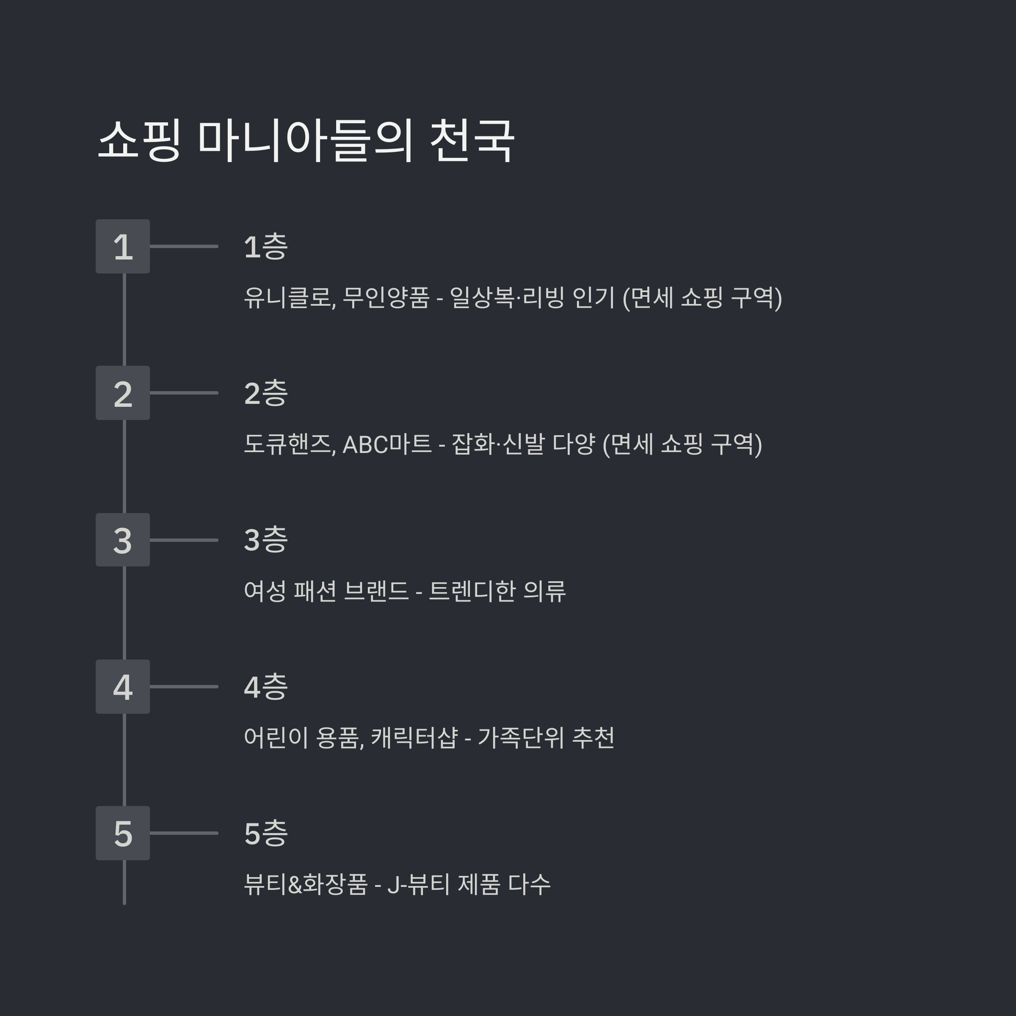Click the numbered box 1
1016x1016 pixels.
tap(122, 246)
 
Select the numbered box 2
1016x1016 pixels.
tap(122, 393)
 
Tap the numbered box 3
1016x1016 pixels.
tap(122, 540)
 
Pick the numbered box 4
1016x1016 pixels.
tap(122, 687)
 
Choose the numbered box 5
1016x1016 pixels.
tap(122, 834)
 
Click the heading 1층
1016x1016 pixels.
tap(265, 247)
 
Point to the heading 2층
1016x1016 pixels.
tap(265, 393)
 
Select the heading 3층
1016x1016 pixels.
tap(265, 540)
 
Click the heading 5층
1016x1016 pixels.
tap(265, 834)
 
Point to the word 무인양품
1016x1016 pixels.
tap(386, 298)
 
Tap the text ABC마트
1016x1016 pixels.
tap(387, 444)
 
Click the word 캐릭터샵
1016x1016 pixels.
tap(414, 738)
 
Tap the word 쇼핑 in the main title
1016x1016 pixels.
tap(139, 141)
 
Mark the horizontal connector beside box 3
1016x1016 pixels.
tap(184, 540)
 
